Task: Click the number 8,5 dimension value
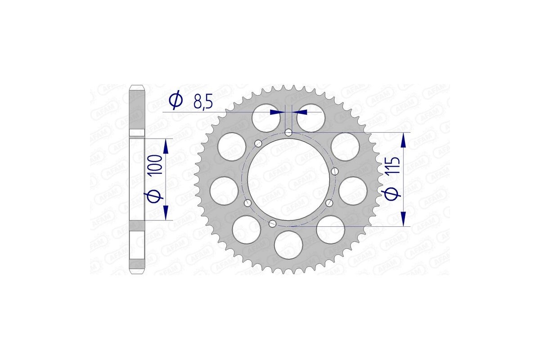coord(202,102)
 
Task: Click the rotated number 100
coord(157,166)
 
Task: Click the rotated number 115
coord(392,167)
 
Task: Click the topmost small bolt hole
coord(288,132)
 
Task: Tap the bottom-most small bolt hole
coord(272,223)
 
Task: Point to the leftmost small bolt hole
coord(247,204)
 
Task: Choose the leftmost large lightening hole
coord(224,190)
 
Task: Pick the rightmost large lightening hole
coord(353,190)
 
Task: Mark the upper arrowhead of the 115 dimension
coord(404,139)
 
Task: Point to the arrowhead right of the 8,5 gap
coord(300,112)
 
